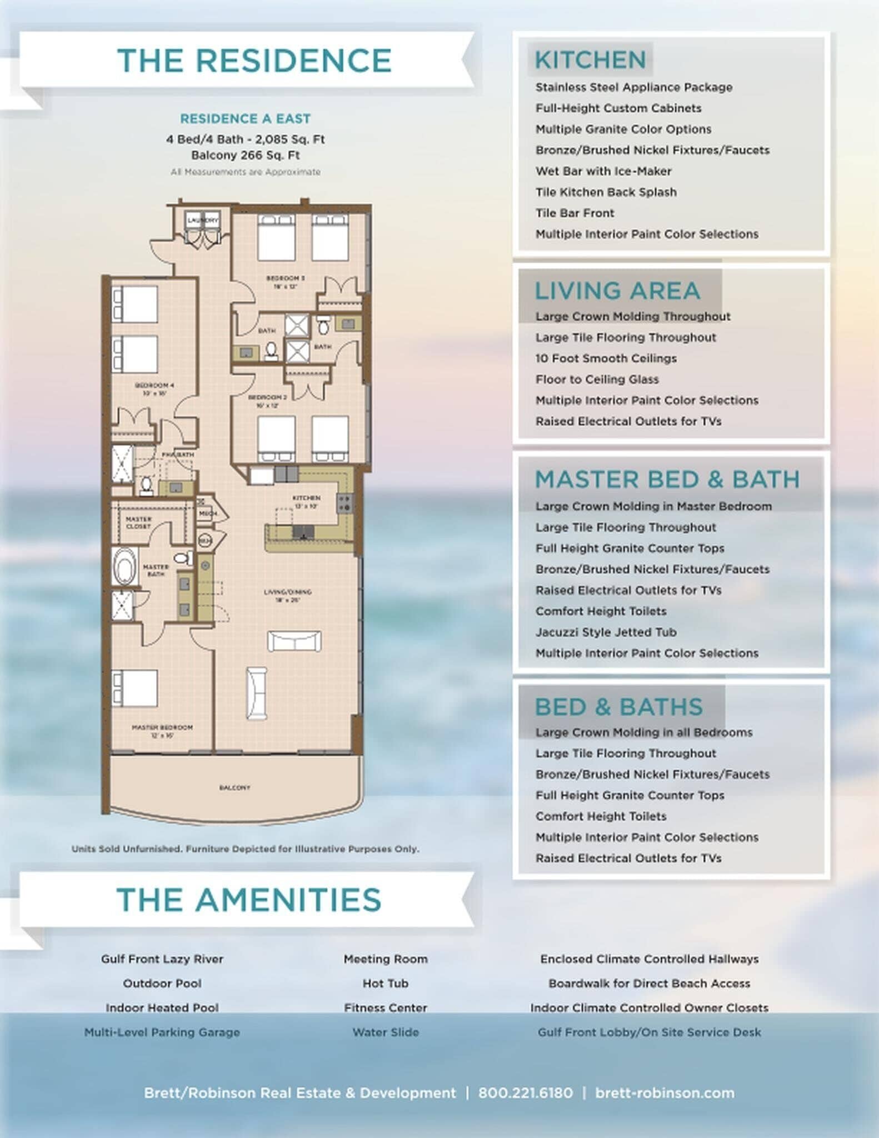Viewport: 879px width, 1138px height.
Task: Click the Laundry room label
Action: tap(203, 221)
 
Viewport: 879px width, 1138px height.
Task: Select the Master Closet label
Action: tap(138, 522)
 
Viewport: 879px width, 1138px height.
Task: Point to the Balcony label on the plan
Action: tap(234, 787)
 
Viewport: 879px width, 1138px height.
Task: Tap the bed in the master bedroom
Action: tap(135, 688)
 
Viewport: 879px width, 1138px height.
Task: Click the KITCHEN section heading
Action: tap(590, 60)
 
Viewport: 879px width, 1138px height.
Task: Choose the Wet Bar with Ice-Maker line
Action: tap(603, 171)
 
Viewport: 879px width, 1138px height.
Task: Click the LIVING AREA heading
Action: tap(617, 291)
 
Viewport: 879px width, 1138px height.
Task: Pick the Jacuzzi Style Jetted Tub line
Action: tap(606, 632)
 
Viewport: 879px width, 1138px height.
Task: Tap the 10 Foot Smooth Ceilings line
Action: tap(606, 358)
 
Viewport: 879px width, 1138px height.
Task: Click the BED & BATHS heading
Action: tap(618, 707)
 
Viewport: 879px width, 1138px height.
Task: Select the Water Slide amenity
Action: tap(385, 1032)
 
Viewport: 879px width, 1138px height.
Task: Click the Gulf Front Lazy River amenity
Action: tap(162, 959)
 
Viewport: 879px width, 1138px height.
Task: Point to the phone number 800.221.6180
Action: tap(525, 1093)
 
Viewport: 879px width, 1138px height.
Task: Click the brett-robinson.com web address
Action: tap(665, 1093)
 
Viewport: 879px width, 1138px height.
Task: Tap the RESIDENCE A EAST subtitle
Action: tap(245, 119)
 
